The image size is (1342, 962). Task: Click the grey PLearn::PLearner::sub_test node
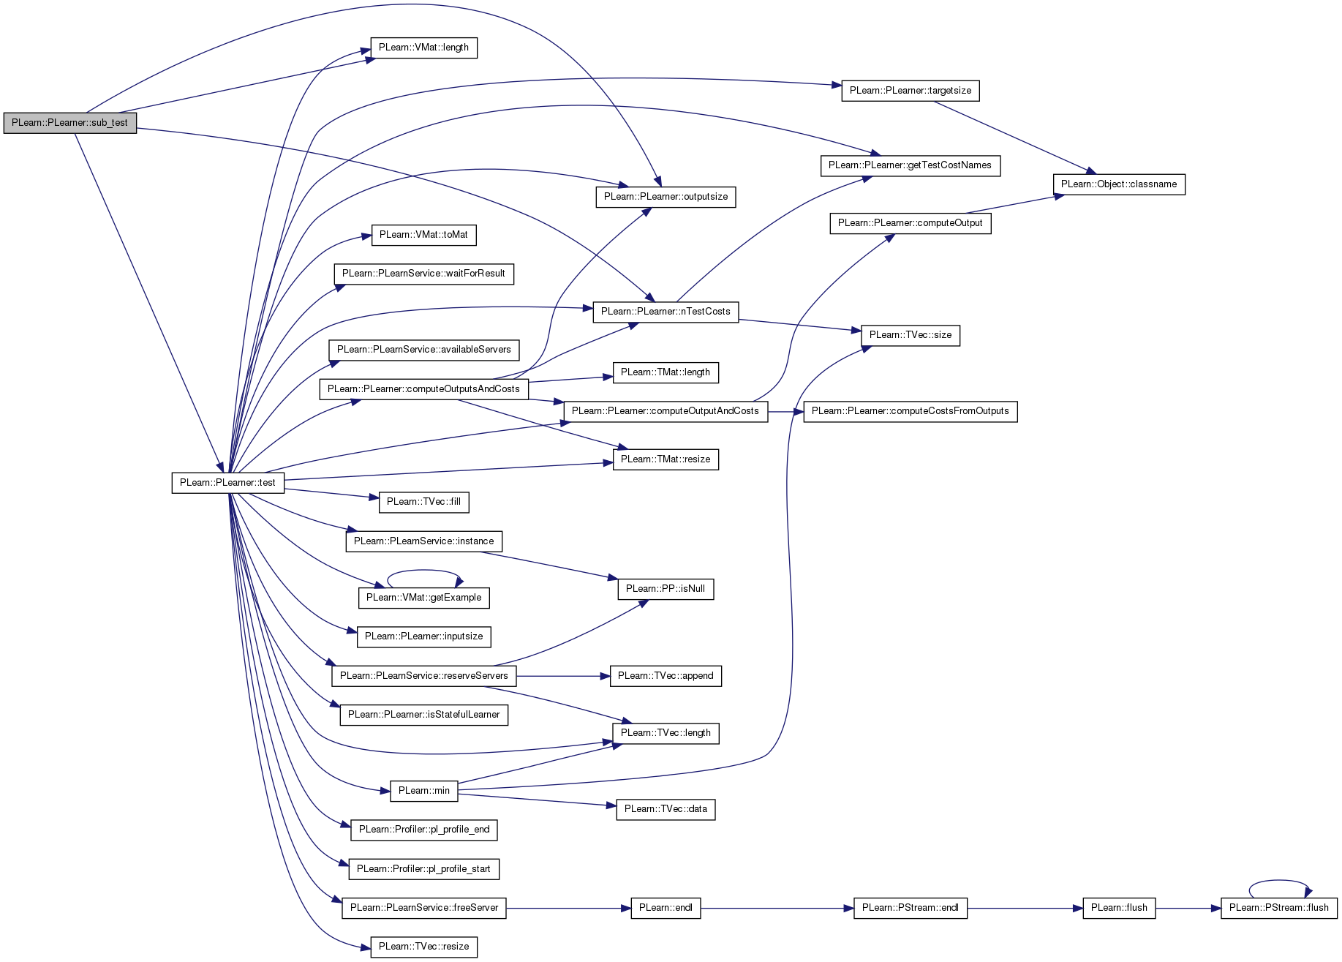(x=70, y=123)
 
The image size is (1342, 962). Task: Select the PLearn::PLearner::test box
(x=228, y=483)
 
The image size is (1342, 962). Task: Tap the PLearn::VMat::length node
(x=424, y=48)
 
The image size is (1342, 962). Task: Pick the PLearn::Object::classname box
(x=1119, y=184)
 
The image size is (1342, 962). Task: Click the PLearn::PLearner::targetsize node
(x=911, y=91)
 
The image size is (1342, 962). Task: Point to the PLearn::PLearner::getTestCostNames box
(x=910, y=166)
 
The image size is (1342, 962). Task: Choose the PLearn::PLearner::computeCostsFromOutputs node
(x=911, y=411)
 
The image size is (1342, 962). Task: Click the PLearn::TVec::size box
(x=911, y=336)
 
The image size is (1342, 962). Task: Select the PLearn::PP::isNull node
(x=666, y=589)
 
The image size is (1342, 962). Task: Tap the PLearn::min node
(x=424, y=791)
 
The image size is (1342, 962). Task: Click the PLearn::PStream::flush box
(x=1279, y=909)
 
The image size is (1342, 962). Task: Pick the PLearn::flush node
(x=1119, y=909)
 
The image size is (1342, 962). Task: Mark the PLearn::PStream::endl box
(x=911, y=909)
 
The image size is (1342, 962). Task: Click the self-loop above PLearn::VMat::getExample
(x=424, y=571)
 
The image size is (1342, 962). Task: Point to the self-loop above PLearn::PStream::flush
(x=1279, y=881)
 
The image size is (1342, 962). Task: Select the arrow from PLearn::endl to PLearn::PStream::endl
(x=777, y=909)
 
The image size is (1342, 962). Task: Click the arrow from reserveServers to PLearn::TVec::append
(x=563, y=677)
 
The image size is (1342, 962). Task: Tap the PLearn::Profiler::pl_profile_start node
(x=424, y=870)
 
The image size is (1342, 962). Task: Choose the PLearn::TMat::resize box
(x=666, y=460)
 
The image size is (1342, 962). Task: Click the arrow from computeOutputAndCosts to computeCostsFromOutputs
(x=786, y=411)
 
